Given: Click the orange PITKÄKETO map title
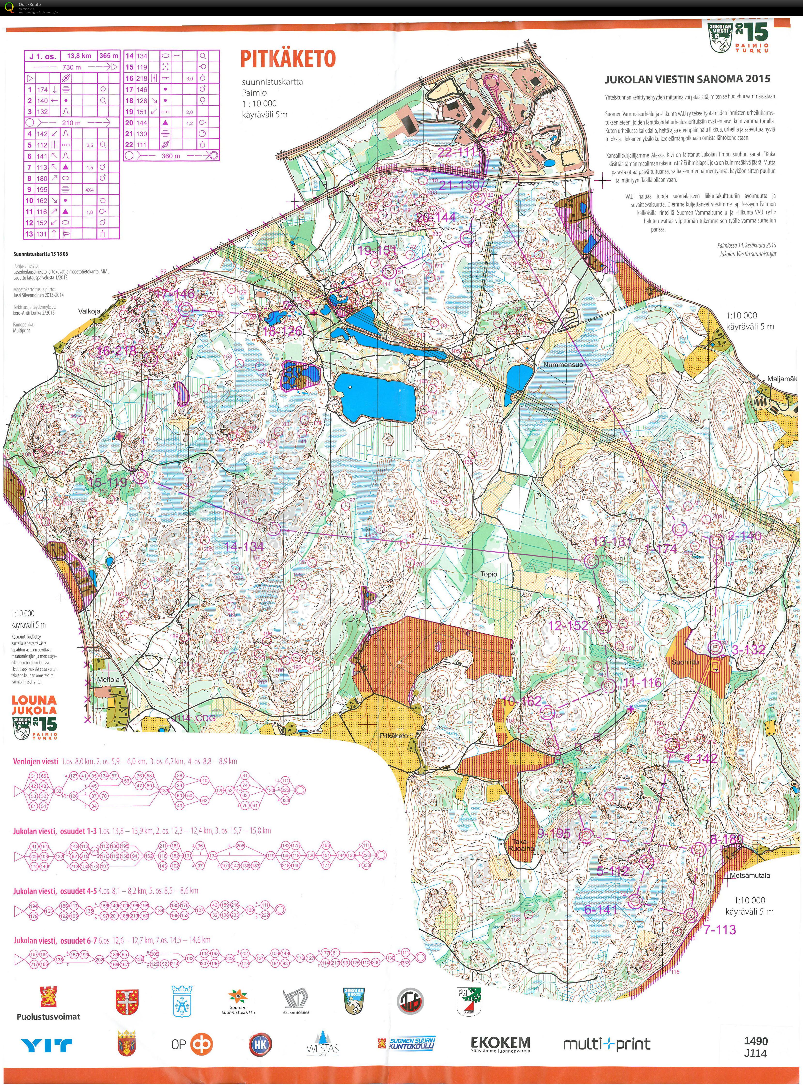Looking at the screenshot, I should [288, 59].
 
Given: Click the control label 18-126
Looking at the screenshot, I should [282, 331].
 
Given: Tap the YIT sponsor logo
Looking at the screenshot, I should [47, 1045].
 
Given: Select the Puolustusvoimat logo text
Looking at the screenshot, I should [48, 1016].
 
